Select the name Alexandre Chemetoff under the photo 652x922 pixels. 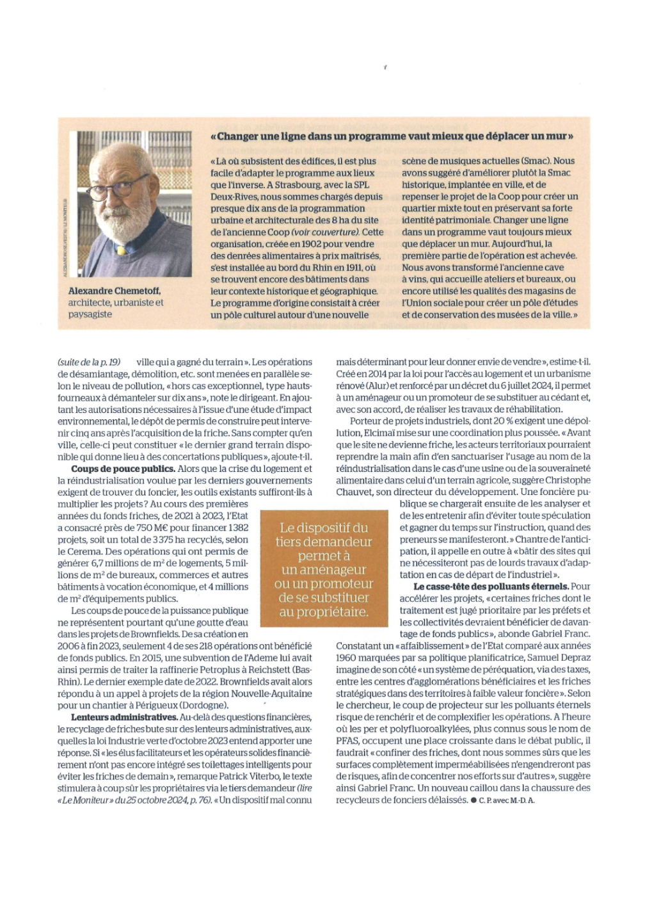[x=115, y=291]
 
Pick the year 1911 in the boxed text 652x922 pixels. [x=351, y=268]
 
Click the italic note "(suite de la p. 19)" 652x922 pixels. [x=89, y=362]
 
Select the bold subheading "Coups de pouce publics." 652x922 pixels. [x=123, y=469]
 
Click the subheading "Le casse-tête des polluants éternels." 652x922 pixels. [x=491, y=586]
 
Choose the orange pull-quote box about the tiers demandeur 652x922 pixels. [x=324, y=569]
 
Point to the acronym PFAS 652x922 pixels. [x=348, y=741]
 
